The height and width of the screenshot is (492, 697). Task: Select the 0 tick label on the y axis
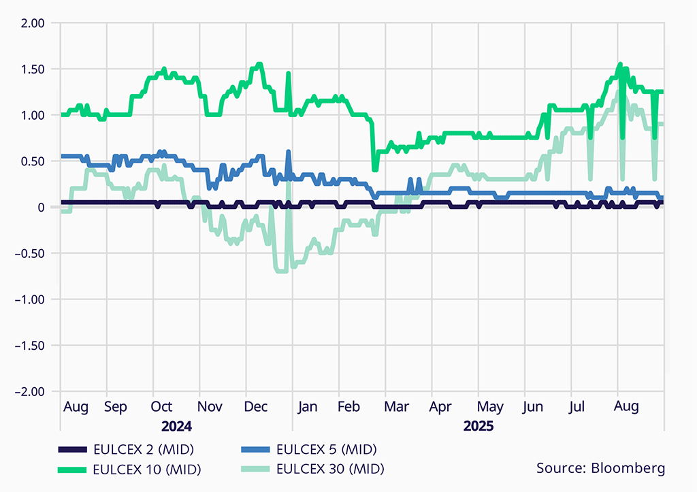(x=41, y=208)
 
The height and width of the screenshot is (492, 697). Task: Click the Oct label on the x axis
(x=161, y=407)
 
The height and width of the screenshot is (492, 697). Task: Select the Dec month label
(x=255, y=407)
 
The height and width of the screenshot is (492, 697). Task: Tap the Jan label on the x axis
(x=307, y=407)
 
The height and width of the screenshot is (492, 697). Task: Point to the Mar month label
(x=396, y=407)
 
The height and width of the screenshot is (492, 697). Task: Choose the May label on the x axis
(x=489, y=407)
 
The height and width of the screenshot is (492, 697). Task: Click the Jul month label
(x=577, y=407)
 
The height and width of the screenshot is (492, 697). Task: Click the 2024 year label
(x=176, y=427)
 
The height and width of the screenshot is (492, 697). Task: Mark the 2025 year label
(x=478, y=427)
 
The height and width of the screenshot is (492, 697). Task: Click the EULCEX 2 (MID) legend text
(x=144, y=449)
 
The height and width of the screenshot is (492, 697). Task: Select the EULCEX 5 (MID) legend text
(x=326, y=449)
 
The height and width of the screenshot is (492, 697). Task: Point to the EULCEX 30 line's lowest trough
(x=280, y=270)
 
